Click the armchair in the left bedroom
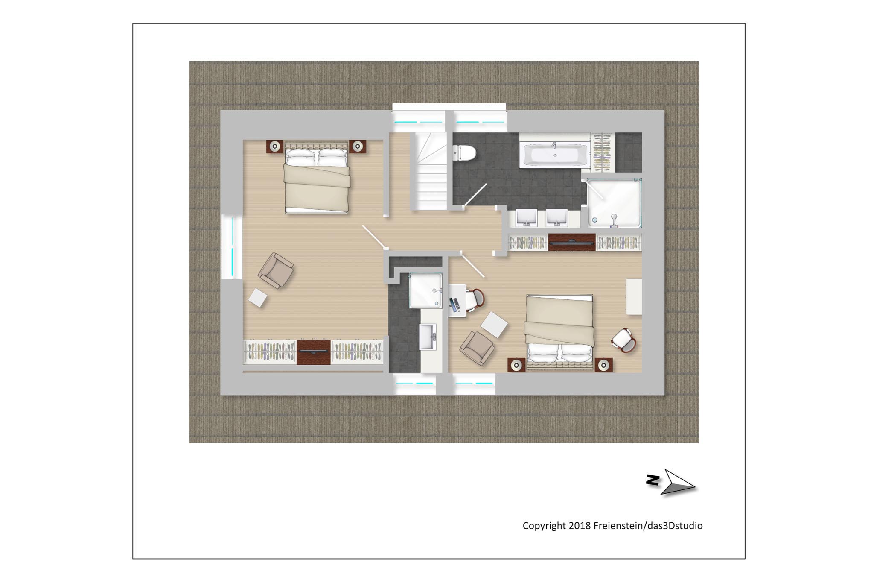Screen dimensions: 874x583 pos(276,270)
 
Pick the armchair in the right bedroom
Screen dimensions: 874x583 pos(478,348)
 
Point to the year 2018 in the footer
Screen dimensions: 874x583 pos(580,525)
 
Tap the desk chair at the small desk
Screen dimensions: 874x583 pos(475,300)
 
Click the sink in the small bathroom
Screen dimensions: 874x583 pos(428,337)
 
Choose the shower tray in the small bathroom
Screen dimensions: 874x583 pos(425,290)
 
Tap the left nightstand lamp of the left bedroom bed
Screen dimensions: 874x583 pos(275,146)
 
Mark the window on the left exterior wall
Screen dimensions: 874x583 pos(232,247)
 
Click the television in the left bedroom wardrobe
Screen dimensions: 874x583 pos(314,352)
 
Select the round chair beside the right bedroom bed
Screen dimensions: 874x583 pos(624,340)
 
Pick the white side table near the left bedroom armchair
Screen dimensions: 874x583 pos(257,298)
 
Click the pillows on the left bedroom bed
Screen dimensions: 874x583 pos(316,157)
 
